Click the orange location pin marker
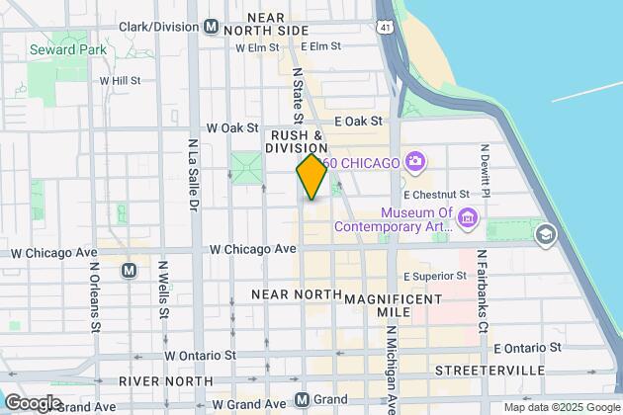[x=311, y=177]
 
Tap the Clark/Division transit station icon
[x=210, y=28]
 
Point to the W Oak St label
[x=231, y=128]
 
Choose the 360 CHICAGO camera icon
[x=416, y=160]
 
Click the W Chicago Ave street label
[x=253, y=249]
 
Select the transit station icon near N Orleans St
[x=129, y=270]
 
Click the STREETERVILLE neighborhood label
[x=489, y=370]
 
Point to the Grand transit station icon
[x=304, y=400]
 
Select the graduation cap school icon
[x=543, y=235]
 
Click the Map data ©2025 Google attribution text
[x=560, y=407]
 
